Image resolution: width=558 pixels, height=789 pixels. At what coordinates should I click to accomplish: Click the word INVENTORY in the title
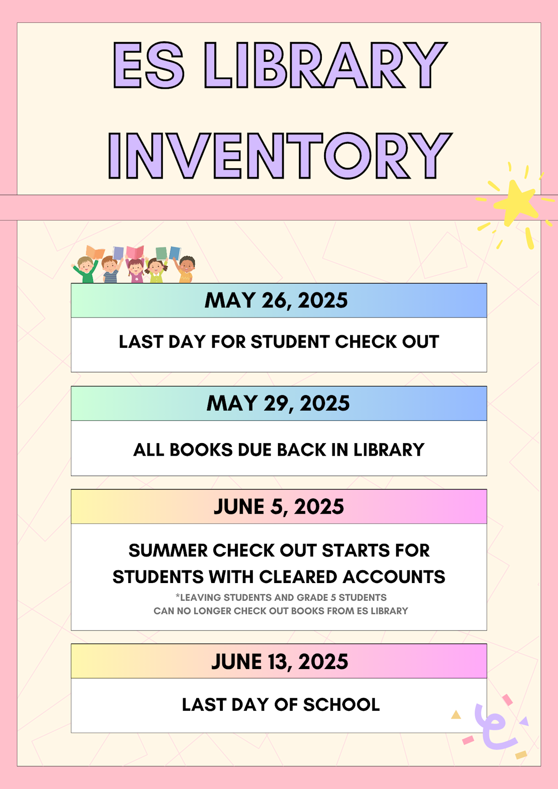[279, 156]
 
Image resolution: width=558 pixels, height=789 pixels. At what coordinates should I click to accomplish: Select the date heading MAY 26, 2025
[276, 300]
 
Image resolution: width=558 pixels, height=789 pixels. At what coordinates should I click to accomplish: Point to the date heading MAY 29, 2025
[278, 403]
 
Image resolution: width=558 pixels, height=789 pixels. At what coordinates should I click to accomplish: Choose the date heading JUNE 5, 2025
[279, 506]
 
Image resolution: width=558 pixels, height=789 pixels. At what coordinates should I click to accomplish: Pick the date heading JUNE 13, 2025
[279, 661]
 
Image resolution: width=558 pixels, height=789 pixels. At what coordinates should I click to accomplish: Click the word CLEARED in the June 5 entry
[298, 577]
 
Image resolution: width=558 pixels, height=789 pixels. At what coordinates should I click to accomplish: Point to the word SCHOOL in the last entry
[341, 704]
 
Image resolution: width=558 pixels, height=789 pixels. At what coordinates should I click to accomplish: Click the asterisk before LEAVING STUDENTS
[177, 597]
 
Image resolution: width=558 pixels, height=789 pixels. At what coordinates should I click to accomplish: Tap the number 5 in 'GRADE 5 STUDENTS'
[333, 597]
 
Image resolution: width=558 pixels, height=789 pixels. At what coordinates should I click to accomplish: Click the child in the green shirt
[85, 270]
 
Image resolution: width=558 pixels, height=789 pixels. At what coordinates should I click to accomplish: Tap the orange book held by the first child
[95, 252]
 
